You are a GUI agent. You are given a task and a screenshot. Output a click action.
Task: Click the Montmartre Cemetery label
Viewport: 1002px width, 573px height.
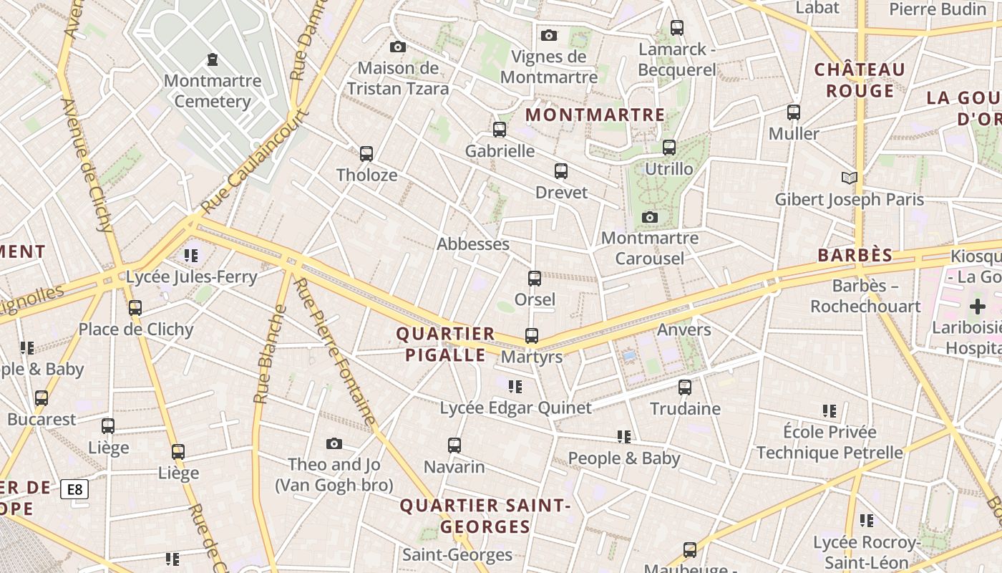(x=213, y=91)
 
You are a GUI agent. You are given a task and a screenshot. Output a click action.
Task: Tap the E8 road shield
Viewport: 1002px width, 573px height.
(x=74, y=490)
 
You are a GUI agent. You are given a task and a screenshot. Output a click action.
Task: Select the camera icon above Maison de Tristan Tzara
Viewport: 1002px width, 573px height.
(x=398, y=47)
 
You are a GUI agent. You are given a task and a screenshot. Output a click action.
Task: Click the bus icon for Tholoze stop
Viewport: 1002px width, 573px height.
(x=366, y=154)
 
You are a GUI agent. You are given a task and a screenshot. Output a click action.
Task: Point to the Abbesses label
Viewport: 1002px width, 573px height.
(x=473, y=244)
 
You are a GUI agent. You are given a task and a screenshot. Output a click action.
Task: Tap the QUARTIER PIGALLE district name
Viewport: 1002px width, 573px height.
(x=445, y=345)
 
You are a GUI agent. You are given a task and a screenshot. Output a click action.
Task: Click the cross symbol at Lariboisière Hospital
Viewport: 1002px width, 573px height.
(x=977, y=307)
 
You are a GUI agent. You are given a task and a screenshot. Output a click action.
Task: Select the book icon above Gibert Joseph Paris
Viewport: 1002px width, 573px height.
(x=850, y=178)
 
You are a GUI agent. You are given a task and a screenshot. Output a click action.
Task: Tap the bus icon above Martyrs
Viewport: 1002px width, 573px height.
(x=532, y=335)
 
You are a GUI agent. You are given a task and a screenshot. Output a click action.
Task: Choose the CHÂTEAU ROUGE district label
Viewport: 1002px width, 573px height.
(x=860, y=80)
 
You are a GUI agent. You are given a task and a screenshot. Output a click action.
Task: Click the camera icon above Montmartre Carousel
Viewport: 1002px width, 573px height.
(x=650, y=217)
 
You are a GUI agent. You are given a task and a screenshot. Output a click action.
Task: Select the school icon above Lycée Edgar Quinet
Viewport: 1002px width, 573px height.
(x=515, y=387)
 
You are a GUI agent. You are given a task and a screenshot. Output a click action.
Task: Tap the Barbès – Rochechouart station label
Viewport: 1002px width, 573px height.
(x=865, y=296)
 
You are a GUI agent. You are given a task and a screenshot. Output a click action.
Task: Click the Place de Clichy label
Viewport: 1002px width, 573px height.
(x=136, y=329)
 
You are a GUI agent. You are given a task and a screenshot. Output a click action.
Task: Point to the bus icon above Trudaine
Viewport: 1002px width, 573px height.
(x=685, y=387)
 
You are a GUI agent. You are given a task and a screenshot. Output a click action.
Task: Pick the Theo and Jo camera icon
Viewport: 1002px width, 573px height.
(x=334, y=444)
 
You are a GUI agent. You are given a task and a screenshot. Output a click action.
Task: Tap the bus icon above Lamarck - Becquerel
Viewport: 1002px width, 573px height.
(x=677, y=28)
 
